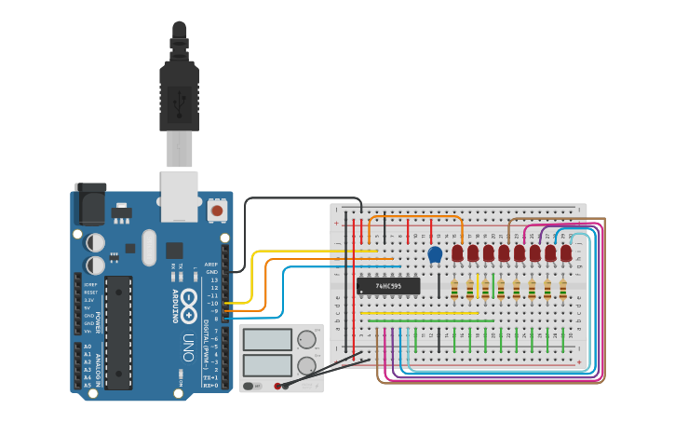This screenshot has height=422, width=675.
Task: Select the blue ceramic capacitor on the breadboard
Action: tap(435, 253)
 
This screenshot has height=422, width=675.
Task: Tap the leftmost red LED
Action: tap(457, 253)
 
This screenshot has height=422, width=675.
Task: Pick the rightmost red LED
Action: tap(566, 253)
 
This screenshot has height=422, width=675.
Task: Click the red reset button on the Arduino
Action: tap(217, 211)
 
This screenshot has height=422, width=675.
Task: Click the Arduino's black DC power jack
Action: tap(89, 205)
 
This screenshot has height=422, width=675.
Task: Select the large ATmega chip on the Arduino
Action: tap(118, 316)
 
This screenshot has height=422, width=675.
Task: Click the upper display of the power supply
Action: tap(267, 340)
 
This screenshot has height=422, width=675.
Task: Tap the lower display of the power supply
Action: tap(267, 364)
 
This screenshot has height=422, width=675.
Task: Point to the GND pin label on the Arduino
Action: tap(213, 271)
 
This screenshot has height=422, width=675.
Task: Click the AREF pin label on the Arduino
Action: tap(212, 264)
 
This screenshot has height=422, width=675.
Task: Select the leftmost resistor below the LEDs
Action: tap(454, 291)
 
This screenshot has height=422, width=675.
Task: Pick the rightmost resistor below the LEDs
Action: tap(563, 291)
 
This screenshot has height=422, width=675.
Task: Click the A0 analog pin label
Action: tap(88, 347)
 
